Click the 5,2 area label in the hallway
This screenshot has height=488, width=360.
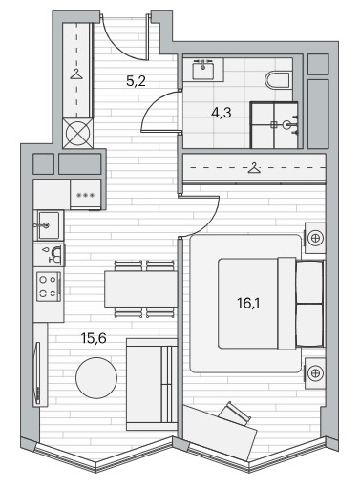(x=136, y=81)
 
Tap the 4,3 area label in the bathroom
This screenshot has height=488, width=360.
(x=222, y=113)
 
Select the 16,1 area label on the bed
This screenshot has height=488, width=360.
(x=248, y=304)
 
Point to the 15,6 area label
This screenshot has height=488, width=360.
(x=94, y=338)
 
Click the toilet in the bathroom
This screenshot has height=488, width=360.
(x=278, y=80)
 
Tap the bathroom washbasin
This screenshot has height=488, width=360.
(x=202, y=69)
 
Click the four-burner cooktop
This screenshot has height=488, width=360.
(x=49, y=286)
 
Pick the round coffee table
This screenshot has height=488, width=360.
(x=96, y=378)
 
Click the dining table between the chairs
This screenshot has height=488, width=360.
(x=141, y=288)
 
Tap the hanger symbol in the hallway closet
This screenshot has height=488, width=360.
(x=76, y=74)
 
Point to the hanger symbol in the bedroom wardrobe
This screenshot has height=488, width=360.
(x=254, y=168)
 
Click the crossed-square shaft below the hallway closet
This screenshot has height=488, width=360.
(x=78, y=133)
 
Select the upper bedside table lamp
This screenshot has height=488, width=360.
(x=315, y=238)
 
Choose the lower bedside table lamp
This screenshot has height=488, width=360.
(x=315, y=373)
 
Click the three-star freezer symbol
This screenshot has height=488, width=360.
(x=86, y=195)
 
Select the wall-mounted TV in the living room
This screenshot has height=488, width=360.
(x=38, y=373)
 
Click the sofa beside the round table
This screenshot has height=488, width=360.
(x=152, y=384)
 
